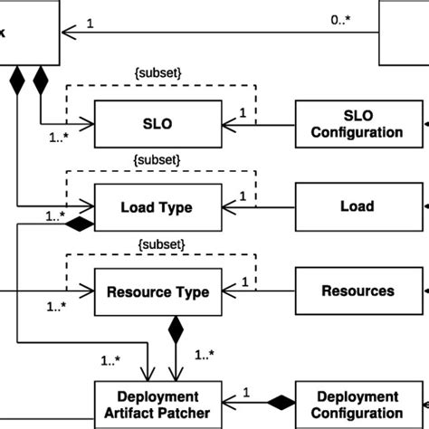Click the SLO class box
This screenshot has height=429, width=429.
coord(158,122)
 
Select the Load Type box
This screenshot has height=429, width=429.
coord(158,206)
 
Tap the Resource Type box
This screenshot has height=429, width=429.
coord(158,291)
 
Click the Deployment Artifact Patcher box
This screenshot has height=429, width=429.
coord(158,405)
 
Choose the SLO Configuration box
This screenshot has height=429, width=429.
coord(357,123)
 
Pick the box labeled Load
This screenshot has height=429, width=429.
coord(357,206)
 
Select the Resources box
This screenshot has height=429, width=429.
coord(357,291)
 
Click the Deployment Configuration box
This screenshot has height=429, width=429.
coord(357,405)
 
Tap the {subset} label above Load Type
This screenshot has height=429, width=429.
coord(158,160)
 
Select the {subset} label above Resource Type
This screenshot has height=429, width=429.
coord(158,244)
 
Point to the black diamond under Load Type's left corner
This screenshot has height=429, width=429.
coord(81,222)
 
